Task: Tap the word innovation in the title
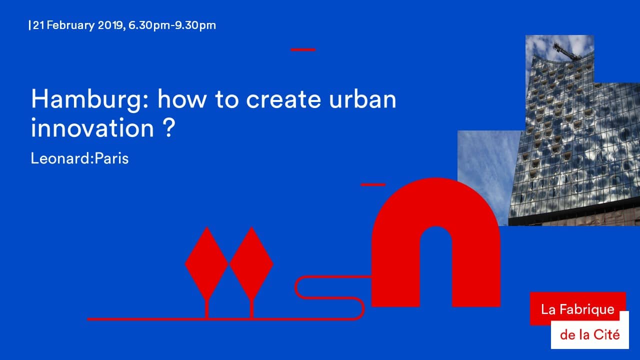pyautogui.click(x=92, y=128)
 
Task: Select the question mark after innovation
pyautogui.click(x=169, y=128)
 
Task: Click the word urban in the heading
pyautogui.click(x=362, y=98)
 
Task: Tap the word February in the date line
pyautogui.click(x=70, y=25)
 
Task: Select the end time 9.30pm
pyautogui.click(x=195, y=25)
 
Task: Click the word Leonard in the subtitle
pyautogui.click(x=60, y=158)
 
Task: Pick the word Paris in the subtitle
pyautogui.click(x=111, y=158)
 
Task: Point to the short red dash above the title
pyautogui.click(x=303, y=49)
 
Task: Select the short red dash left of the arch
pyautogui.click(x=373, y=184)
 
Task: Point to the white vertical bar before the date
pyautogui.click(x=29, y=25)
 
